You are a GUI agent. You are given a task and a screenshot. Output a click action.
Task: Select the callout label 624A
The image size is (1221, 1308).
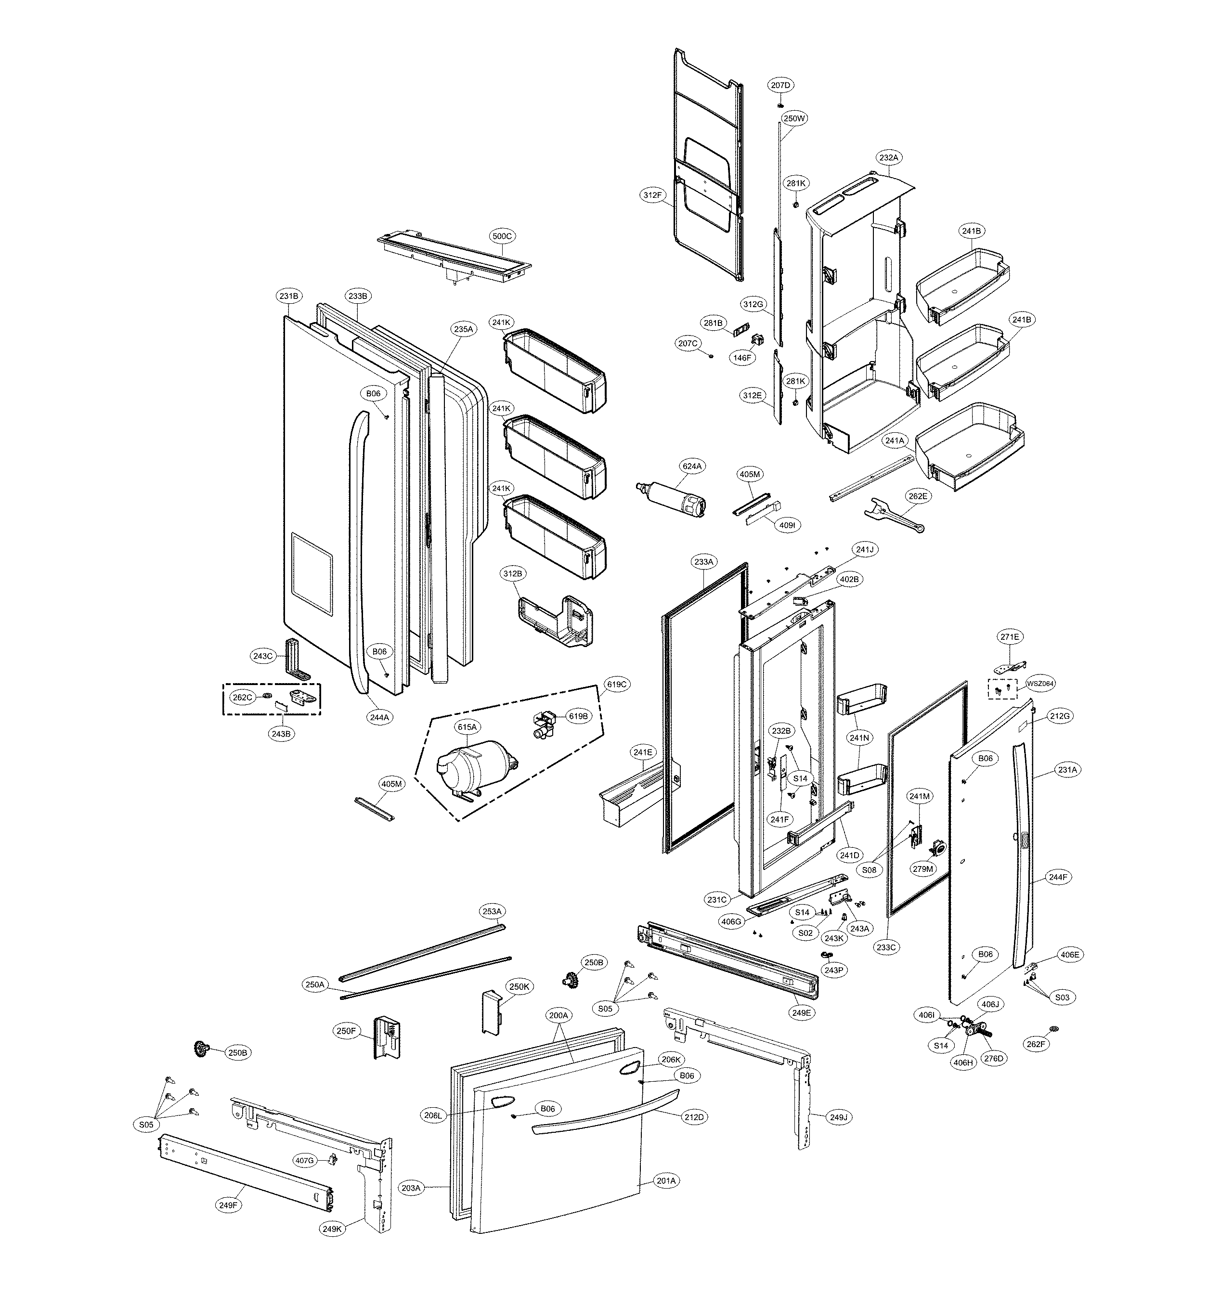tap(692, 466)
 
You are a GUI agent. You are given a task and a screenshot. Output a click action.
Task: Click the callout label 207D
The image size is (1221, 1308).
tap(780, 85)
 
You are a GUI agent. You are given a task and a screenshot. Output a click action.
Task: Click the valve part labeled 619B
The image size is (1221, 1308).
tap(543, 723)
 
